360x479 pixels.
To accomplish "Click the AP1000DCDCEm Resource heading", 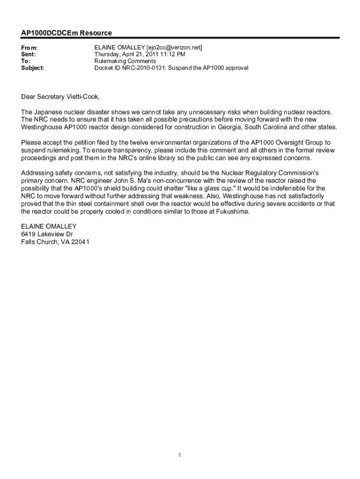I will (66, 33).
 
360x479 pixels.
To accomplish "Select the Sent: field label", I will (29, 55).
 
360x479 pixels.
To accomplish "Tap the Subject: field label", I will (33, 68).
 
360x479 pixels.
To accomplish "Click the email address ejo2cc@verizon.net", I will (174, 48).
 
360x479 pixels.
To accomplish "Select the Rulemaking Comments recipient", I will (125, 61).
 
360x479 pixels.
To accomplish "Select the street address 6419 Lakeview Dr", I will (47, 234).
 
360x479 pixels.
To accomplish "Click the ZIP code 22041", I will (79, 242).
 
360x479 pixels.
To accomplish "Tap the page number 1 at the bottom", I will (180, 455).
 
